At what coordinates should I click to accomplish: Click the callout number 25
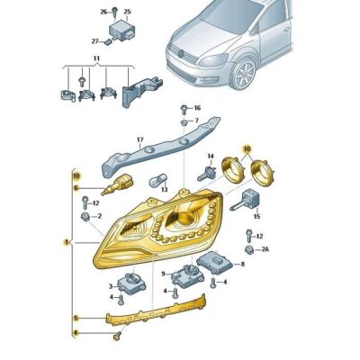click(127, 12)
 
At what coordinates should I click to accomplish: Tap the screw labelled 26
click(115, 12)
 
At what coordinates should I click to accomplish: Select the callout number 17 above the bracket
click(140, 139)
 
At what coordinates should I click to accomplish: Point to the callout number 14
click(211, 156)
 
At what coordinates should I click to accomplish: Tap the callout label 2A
click(265, 248)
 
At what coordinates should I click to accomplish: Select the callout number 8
click(242, 264)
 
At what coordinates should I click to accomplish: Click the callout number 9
click(163, 274)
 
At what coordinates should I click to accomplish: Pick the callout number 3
click(111, 286)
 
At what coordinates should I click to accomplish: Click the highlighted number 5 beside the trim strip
click(76, 318)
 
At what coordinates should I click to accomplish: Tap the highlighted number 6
click(76, 188)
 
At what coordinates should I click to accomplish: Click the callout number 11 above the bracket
click(96, 58)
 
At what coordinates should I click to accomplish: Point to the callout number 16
click(197, 108)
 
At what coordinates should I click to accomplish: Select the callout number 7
click(197, 121)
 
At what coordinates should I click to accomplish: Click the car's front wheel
click(242, 74)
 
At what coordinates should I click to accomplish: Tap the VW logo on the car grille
click(181, 54)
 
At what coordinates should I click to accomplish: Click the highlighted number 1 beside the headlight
click(66, 242)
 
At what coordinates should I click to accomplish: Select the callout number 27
click(95, 41)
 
